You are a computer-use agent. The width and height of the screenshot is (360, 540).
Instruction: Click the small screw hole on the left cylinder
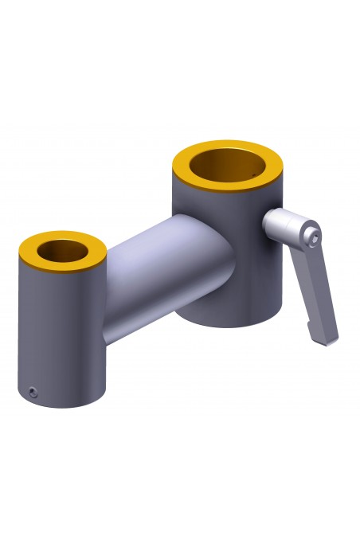point(31,391)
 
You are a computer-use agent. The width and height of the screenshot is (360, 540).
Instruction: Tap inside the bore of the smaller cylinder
point(63,251)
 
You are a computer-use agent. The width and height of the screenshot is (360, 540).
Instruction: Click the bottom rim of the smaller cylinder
point(64,405)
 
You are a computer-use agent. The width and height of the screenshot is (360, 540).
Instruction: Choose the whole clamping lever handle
point(307,271)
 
